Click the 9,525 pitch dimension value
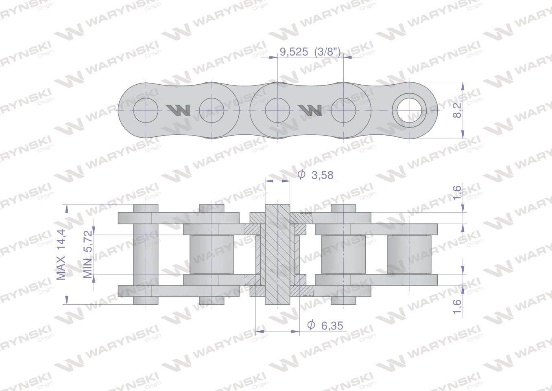pos(294,52)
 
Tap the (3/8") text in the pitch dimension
pos(328,52)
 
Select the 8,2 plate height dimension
pos(457,110)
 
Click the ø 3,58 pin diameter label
pos(315,175)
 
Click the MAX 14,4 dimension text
pos(61,254)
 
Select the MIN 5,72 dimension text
pos(88,254)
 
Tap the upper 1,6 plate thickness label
pos(457,192)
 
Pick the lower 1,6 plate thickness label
pos(457,307)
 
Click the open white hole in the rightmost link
pos(409,110)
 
